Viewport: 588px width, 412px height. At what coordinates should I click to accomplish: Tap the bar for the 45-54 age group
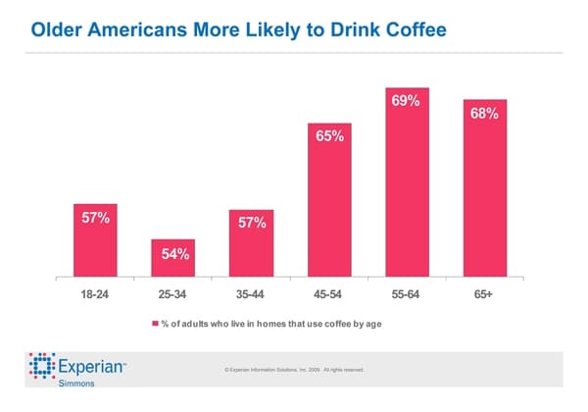coord(329,201)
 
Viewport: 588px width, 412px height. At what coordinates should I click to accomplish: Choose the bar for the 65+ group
coord(484,189)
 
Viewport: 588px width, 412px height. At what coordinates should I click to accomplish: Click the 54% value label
coord(174,256)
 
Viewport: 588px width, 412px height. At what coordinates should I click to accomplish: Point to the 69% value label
coord(406,102)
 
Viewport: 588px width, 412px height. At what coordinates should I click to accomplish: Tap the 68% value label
coord(484,114)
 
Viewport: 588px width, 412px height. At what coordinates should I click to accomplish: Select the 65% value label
coord(329,136)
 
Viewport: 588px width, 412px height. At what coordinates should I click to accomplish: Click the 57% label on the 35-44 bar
coord(252,223)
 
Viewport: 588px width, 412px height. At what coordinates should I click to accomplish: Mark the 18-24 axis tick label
coord(96,293)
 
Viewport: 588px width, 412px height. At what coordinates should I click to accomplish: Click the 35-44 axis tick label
coord(252,293)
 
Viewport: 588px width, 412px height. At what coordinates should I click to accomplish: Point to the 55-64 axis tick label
coord(407,293)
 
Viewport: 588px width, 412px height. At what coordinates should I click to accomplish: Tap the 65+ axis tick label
coord(484,293)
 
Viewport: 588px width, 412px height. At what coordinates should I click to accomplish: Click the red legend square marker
coord(154,322)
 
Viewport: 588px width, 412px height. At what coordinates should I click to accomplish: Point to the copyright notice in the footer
coord(294,370)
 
